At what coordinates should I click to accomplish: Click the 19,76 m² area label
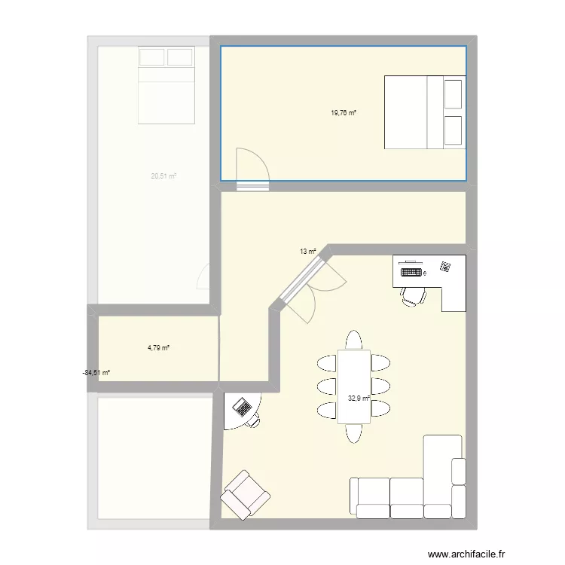point(343,114)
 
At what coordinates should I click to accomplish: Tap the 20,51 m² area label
point(163,176)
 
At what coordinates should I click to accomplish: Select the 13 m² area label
point(308,252)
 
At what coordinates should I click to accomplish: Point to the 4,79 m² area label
point(158,348)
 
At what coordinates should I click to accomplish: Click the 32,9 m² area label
point(359,399)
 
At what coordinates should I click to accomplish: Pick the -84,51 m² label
point(96,372)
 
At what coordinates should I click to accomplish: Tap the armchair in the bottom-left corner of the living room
point(245,494)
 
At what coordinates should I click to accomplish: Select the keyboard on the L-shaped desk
point(411,272)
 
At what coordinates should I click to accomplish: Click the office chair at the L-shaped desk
point(412,296)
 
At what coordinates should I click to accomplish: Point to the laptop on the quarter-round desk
point(243,408)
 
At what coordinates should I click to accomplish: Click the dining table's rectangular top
point(353,386)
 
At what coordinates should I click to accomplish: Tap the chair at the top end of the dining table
point(353,340)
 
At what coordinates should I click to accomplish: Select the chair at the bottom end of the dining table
point(353,432)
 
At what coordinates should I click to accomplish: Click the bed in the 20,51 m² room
point(166,84)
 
